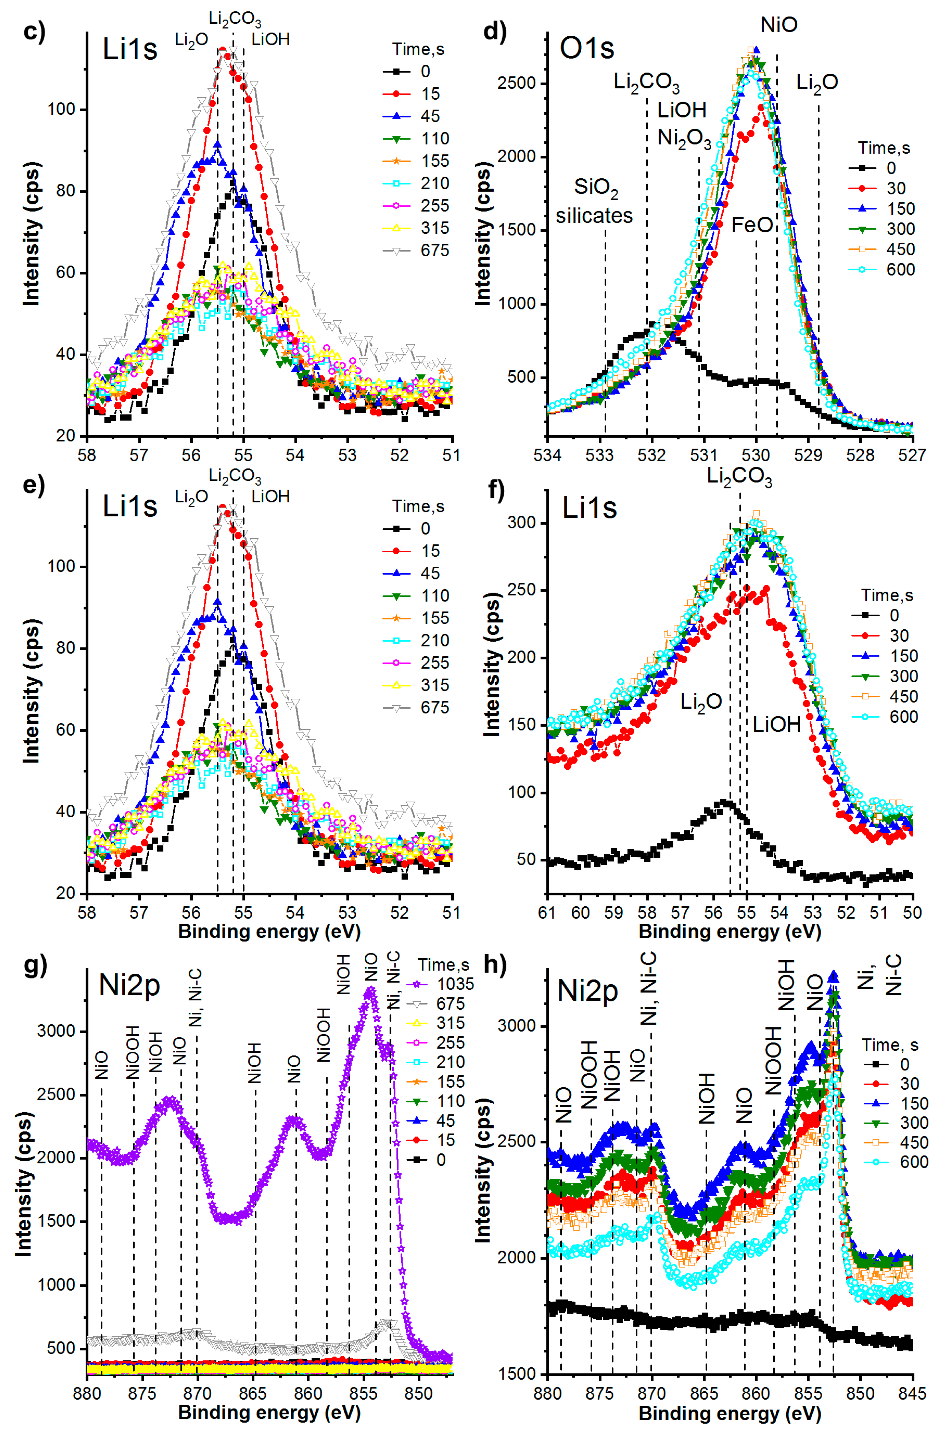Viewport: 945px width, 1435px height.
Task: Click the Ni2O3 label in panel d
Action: click(684, 139)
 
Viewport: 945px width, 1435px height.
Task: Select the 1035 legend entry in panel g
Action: click(455, 984)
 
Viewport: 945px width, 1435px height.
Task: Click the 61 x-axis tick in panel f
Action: click(547, 912)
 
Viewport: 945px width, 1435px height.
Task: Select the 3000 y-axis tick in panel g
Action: click(55, 1031)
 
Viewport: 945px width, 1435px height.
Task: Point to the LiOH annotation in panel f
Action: click(776, 724)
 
